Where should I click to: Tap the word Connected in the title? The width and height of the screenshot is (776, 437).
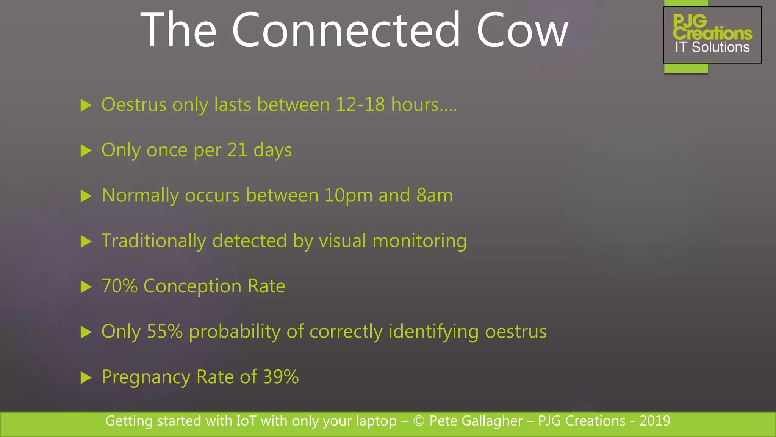(x=346, y=30)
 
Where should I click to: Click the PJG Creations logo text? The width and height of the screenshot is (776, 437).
(x=712, y=28)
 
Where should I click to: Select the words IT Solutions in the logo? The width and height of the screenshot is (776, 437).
(x=712, y=47)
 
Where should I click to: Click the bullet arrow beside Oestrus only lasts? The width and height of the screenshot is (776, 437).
(x=86, y=105)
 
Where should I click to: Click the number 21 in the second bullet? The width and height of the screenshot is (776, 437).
(x=237, y=150)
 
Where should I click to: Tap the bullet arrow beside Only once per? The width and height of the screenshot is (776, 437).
(x=86, y=151)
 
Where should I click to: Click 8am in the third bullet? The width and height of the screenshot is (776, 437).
(x=435, y=195)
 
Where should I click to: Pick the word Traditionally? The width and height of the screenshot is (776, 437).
(x=154, y=241)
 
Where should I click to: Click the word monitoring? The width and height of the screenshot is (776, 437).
(x=419, y=241)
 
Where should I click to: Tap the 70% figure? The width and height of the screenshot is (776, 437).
(x=119, y=286)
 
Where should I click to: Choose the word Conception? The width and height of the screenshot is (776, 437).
(x=192, y=286)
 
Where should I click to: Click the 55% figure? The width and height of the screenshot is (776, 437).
(x=165, y=332)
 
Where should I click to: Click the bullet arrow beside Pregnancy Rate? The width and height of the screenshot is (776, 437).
(x=86, y=378)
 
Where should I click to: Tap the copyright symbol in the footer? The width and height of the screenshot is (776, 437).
(x=419, y=421)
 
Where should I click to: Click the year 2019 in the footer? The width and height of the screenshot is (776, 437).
(x=655, y=421)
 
